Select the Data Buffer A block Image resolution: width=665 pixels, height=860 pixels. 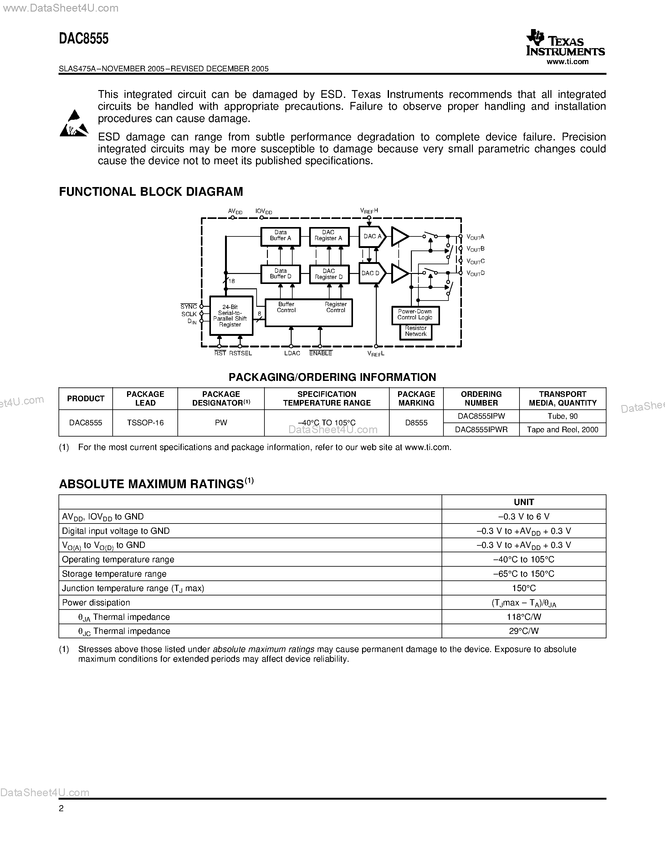(280, 236)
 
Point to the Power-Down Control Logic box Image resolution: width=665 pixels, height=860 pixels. (415, 315)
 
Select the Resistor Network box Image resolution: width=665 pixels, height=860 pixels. (416, 331)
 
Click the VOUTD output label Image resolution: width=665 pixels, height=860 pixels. (475, 273)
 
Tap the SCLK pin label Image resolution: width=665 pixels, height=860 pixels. (189, 314)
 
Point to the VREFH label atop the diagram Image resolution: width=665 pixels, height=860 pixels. (369, 211)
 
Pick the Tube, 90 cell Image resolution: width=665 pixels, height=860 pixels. (562, 416)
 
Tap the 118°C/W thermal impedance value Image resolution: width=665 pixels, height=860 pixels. (524, 617)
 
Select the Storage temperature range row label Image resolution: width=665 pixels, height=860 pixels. (114, 574)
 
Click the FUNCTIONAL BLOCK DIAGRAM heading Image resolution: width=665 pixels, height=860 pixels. (151, 192)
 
